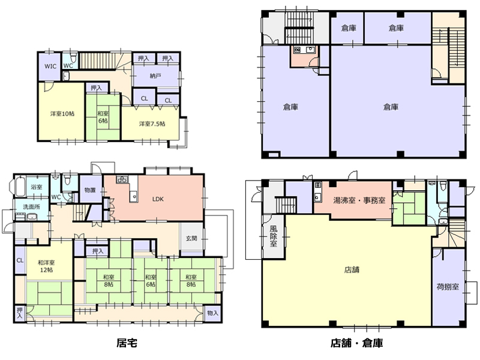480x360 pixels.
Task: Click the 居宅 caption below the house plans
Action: point(127,343)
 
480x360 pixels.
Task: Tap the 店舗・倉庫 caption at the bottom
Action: point(356,343)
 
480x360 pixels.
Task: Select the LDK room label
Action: point(158,199)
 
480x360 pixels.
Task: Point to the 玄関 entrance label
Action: point(191,238)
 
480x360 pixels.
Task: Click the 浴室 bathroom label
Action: point(37,187)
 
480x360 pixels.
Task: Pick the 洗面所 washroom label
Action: point(32,207)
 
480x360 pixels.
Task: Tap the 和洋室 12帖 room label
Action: point(46,266)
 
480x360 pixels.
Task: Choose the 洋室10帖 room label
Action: point(62,113)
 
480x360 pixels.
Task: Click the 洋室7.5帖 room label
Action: point(152,124)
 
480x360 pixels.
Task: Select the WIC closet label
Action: point(50,66)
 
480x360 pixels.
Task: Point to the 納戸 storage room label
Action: point(155,76)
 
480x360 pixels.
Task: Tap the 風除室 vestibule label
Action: point(274,236)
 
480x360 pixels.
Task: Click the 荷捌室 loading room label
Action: point(448,287)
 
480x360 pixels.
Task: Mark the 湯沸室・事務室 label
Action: point(359,200)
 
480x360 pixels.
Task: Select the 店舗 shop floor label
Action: point(352,269)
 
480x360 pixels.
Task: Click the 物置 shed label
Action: point(90,190)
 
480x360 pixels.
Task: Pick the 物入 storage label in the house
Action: point(212,313)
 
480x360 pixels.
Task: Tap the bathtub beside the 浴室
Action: point(19,186)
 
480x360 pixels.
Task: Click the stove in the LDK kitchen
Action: point(122,179)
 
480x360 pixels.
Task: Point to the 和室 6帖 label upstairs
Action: point(103,117)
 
